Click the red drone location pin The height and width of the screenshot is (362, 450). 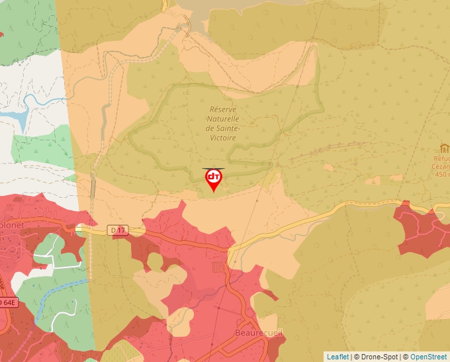(x=213, y=179)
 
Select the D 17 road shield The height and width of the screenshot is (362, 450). (x=118, y=230)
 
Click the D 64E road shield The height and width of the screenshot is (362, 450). (x=6, y=302)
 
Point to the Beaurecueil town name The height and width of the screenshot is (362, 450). (x=259, y=333)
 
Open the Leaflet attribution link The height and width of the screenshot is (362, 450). (x=337, y=357)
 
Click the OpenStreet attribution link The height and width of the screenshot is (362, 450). (x=428, y=357)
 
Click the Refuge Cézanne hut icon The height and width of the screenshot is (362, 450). (x=444, y=148)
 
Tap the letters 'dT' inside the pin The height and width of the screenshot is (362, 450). (x=213, y=177)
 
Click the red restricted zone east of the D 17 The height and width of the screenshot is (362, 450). (x=422, y=231)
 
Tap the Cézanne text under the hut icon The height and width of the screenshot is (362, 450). (x=441, y=167)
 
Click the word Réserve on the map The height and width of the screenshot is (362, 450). (x=223, y=110)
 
